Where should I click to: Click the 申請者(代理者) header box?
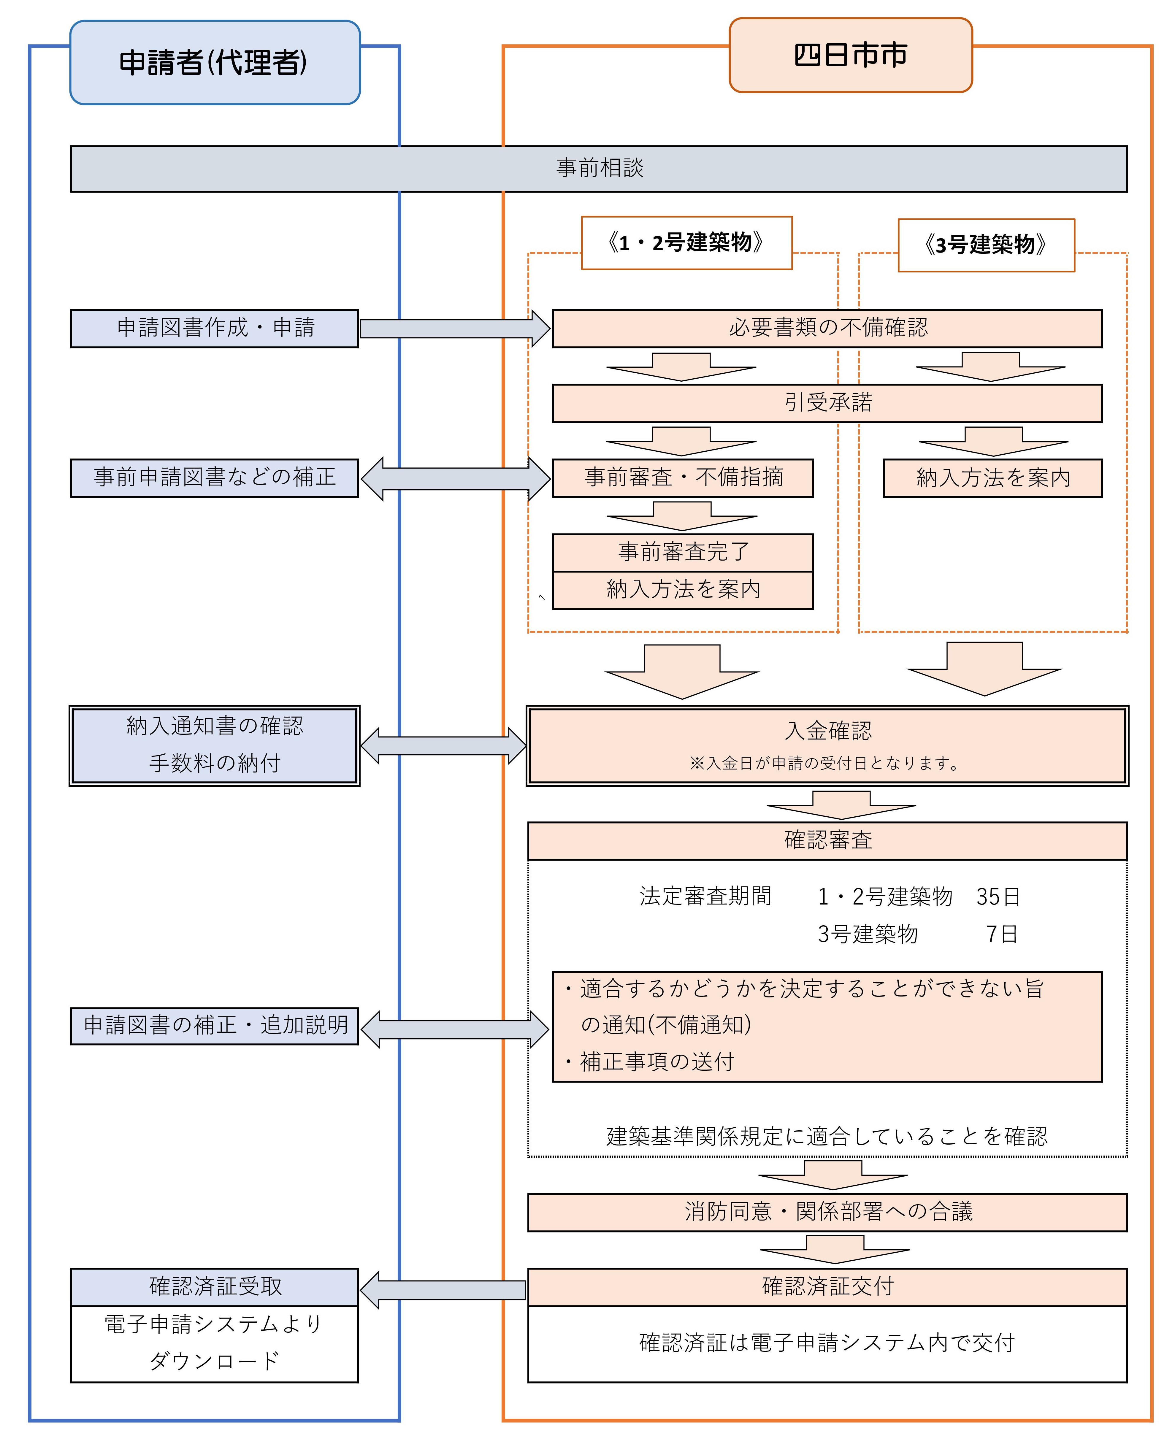[215, 62]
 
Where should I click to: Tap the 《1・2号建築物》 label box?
[686, 242]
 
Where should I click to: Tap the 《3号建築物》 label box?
[985, 244]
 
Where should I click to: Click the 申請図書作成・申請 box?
[215, 328]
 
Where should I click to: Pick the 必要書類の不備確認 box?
[827, 328]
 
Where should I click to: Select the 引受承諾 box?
[827, 403]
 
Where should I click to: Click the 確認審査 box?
[827, 840]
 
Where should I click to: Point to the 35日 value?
[998, 897]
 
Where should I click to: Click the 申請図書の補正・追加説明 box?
[215, 1025]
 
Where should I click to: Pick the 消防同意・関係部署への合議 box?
[827, 1211]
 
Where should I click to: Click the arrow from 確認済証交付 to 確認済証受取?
[443, 1290]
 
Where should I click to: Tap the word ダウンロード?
[215, 1360]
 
